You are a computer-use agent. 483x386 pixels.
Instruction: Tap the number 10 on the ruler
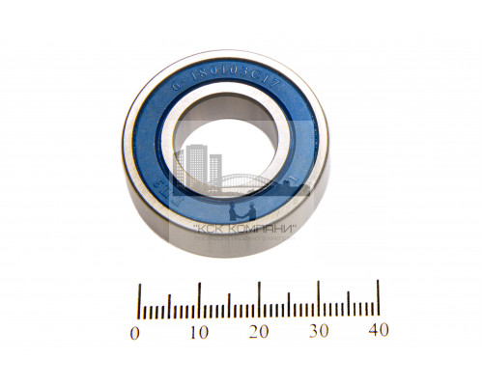198,332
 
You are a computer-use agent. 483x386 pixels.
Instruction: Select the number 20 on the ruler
259,332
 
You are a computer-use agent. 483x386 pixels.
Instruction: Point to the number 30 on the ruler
319,332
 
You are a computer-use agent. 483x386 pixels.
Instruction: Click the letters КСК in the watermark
211,229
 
